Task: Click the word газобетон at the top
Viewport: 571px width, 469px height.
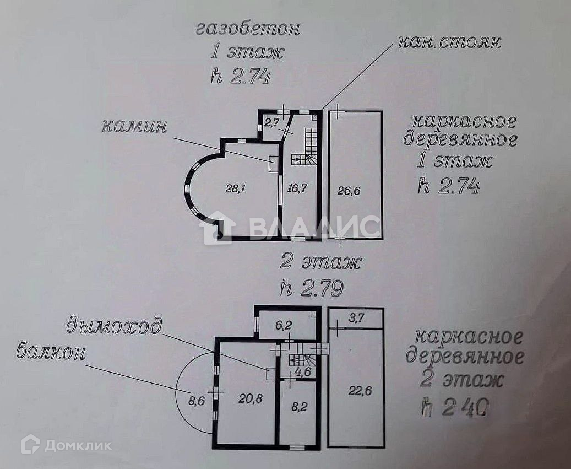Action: click(248, 29)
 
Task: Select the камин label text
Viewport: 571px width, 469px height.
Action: click(134, 126)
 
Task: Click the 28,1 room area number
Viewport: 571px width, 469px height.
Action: click(235, 188)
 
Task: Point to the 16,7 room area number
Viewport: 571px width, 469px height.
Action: click(297, 188)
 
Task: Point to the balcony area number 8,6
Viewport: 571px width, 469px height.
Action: click(196, 401)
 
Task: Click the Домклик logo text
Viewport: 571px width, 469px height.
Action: click(78, 445)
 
